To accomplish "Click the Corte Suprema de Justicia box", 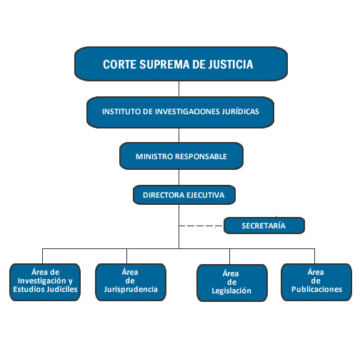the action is [181, 64].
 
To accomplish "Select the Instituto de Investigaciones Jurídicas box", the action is [180, 112].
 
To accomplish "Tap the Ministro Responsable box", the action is [181, 156].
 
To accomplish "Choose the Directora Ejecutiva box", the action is [184, 195].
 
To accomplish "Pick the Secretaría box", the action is [264, 226].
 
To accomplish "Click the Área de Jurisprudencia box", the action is [131, 282].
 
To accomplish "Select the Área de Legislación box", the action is [232, 283].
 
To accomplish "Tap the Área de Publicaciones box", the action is [316, 282].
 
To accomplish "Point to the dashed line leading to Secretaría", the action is [201, 226].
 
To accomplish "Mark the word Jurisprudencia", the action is [131, 289].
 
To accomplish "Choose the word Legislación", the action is [231, 290].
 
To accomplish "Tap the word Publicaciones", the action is [316, 289].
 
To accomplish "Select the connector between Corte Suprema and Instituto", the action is [179, 89].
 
